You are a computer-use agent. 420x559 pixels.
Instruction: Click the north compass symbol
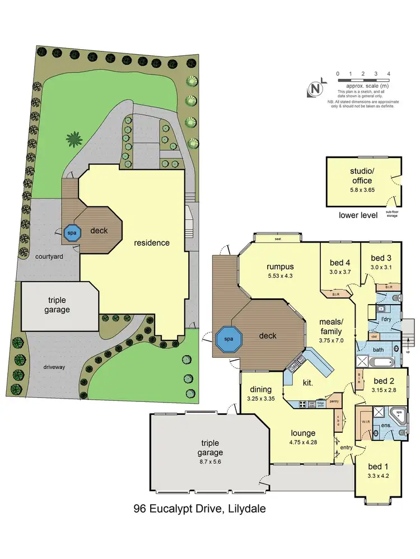[x=317, y=88]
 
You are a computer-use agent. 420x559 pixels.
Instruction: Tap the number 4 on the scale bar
[x=389, y=74]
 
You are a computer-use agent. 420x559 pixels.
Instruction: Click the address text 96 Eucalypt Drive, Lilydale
[x=199, y=509]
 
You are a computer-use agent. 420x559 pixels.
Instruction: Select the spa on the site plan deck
[x=72, y=233]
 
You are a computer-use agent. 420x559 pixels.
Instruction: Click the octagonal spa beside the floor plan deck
[x=228, y=339]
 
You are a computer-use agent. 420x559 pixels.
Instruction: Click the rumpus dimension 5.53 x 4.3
[x=280, y=276]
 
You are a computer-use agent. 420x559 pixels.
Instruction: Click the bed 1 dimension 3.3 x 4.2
[x=378, y=476]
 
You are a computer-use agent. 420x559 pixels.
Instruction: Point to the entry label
[x=346, y=447]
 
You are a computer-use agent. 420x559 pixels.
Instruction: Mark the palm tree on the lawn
[x=73, y=138]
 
